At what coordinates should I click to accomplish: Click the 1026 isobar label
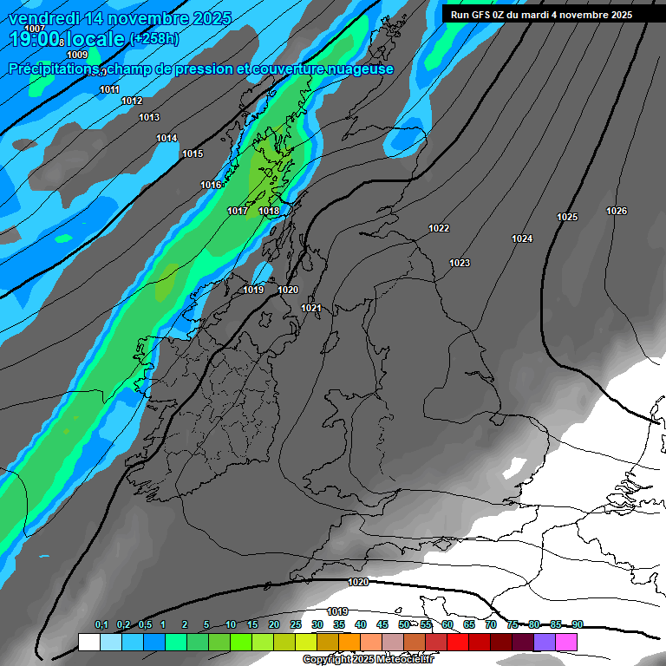[x=617, y=211]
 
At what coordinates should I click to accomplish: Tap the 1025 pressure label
[x=567, y=217]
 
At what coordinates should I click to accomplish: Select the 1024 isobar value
[x=522, y=238]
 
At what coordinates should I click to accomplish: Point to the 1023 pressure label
[x=460, y=263]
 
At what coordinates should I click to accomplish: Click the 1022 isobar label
[x=439, y=228]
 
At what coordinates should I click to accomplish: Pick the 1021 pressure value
[x=311, y=308]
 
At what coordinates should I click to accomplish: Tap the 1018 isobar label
[x=269, y=211]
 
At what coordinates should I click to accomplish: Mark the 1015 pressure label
[x=193, y=153]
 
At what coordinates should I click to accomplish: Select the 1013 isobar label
[x=149, y=117]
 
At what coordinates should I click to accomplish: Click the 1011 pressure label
[x=109, y=89]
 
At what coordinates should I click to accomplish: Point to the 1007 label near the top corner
[x=35, y=29]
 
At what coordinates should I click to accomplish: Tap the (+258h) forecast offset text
[x=154, y=39]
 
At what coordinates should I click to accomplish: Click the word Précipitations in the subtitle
[x=50, y=69]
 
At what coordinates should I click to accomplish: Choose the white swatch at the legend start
[x=88, y=642]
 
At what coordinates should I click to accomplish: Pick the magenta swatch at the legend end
[x=566, y=642]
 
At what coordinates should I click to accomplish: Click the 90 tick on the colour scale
[x=577, y=624]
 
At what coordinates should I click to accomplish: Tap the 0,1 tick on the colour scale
[x=101, y=624]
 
